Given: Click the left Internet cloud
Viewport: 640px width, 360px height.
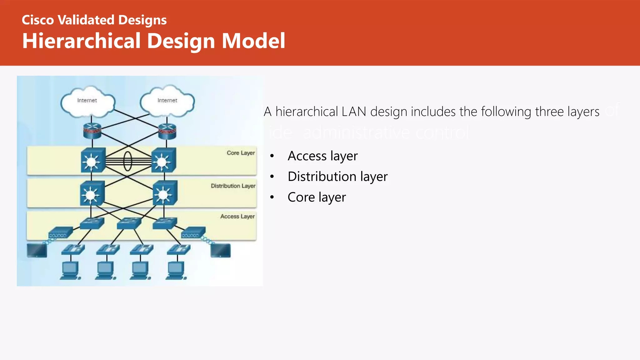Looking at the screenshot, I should tap(88, 102).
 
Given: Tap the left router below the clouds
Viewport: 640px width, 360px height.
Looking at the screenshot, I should tap(92, 131).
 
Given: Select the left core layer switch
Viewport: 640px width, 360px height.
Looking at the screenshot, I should tap(92, 160).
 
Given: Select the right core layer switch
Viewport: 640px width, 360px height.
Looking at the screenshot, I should tap(163, 161).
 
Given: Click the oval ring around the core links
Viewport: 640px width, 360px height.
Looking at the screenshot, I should tap(127, 161).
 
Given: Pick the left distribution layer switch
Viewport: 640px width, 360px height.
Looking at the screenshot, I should tap(92, 193).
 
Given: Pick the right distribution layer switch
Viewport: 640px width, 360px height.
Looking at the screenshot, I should tap(165, 193).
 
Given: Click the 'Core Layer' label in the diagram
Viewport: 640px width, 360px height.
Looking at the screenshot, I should tap(241, 153).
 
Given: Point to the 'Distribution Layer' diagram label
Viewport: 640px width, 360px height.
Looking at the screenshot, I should tap(233, 186).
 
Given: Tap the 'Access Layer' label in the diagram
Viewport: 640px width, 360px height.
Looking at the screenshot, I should tap(237, 216).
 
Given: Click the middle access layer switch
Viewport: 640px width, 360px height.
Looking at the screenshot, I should tap(129, 223).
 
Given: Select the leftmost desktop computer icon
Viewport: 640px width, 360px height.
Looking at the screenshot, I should tap(70, 271).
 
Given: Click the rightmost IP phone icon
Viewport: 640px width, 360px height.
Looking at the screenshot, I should tap(178, 250).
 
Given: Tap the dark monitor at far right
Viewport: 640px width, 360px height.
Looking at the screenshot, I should tap(221, 251).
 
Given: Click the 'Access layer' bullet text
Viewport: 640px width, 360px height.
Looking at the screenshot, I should tap(322, 156).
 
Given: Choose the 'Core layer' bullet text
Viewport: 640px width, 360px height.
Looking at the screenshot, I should tap(317, 197).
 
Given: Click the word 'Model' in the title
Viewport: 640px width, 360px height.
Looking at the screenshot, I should tap(253, 41).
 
